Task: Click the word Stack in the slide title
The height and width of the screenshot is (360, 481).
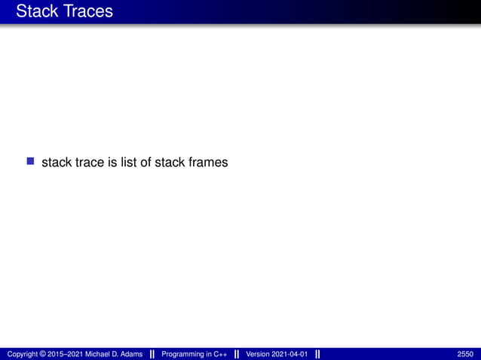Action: [36, 11]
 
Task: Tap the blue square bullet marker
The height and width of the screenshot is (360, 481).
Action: [31, 161]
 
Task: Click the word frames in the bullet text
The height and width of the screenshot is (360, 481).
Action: [207, 162]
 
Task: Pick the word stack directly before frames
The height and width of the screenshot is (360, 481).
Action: [169, 162]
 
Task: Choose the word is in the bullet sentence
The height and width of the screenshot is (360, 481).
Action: [113, 162]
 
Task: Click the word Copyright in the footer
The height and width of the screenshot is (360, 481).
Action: [21, 354]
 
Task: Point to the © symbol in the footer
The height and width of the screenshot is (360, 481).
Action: [42, 354]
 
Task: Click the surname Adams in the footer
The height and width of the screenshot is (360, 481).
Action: [130, 354]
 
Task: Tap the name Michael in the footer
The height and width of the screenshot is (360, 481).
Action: [100, 354]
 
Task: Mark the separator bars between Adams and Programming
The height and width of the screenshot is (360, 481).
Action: [153, 354]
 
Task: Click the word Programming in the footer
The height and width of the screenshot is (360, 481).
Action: [182, 354]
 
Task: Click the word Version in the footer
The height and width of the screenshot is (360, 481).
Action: [258, 354]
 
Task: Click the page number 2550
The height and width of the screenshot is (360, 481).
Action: [465, 354]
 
